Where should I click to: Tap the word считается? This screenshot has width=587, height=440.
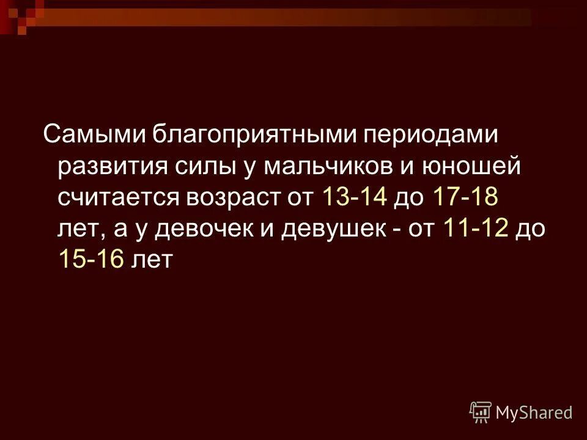(x=119, y=198)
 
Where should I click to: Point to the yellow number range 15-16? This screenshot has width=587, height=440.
(x=92, y=260)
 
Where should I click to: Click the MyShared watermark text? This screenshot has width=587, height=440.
(x=534, y=413)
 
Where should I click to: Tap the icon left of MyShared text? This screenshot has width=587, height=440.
(x=481, y=412)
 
